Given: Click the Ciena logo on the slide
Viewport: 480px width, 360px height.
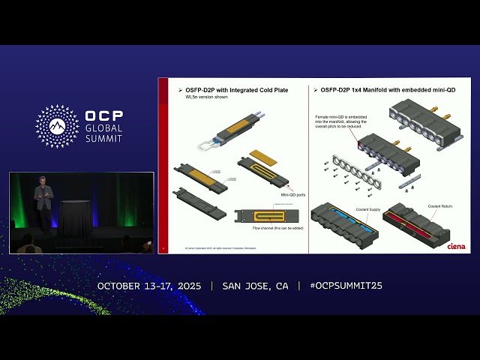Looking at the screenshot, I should pos(456,245).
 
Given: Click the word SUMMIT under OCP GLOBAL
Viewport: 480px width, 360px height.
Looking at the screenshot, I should pos(104,139).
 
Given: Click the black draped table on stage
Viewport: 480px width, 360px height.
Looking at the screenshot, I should pos(74,218).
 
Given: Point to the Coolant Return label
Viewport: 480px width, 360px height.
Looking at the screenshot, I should pos(439,205).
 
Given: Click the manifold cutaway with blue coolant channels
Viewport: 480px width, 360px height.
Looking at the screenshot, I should pos(344,223).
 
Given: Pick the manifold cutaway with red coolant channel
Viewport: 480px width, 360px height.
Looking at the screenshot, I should pos(424,222).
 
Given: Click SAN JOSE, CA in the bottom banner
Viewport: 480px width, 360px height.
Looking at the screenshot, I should pos(255,286).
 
